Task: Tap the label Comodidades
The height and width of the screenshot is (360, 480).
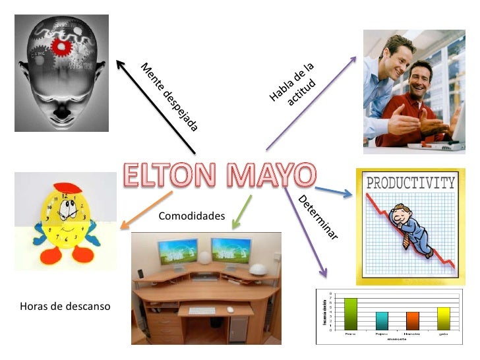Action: click(192, 216)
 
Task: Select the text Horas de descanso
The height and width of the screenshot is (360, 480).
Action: click(65, 307)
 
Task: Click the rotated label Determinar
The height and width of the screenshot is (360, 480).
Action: click(318, 218)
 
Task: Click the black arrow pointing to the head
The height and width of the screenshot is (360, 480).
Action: click(156, 105)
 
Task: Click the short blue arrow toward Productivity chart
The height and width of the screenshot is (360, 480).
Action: click(335, 192)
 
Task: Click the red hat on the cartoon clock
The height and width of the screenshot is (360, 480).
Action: click(65, 189)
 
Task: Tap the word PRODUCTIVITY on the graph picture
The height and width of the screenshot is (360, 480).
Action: click(410, 183)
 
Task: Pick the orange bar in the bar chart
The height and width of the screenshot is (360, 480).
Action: click(413, 320)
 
